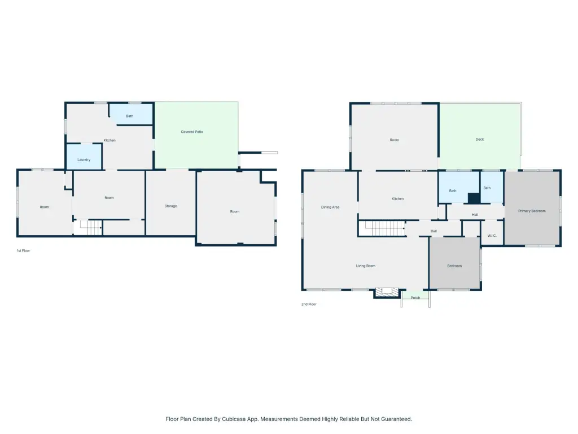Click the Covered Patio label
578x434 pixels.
tap(192, 132)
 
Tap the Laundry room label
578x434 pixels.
tap(84, 160)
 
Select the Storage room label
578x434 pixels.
tap(170, 206)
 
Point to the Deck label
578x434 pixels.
tap(480, 139)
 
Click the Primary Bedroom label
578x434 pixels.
tap(532, 211)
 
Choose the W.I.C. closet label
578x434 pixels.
tap(492, 236)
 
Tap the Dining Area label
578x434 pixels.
tap(330, 207)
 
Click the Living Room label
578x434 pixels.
tap(365, 266)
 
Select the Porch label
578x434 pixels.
tap(415, 297)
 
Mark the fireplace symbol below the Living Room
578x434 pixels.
tap(387, 292)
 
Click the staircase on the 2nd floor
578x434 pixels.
tap(382, 228)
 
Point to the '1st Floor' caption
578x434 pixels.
tap(23, 250)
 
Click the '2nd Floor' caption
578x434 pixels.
tap(309, 304)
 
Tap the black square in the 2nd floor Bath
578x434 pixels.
tap(474, 198)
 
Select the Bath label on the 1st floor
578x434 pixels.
tap(129, 116)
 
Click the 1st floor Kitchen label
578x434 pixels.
tap(110, 140)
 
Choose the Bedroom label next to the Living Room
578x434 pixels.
tap(454, 266)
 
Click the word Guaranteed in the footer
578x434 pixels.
tap(396, 419)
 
